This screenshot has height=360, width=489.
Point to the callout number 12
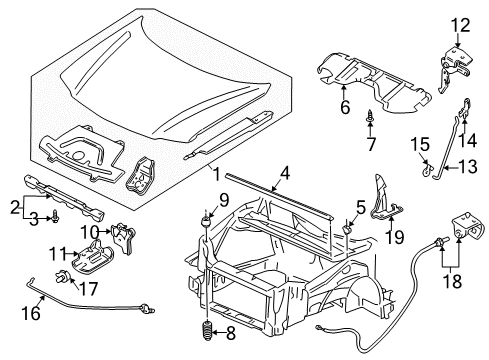click(x=459, y=26)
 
